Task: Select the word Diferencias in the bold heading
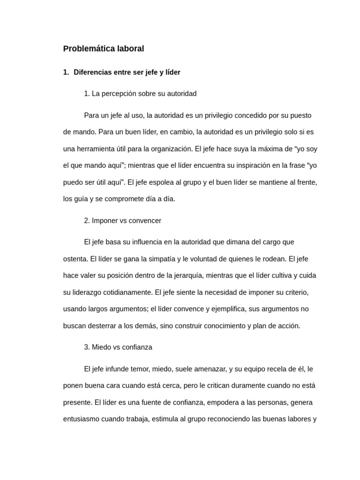pos(92,72)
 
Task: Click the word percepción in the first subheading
pos(121,94)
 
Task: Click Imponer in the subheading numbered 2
pos(105,221)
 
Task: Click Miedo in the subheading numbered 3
pos(101,347)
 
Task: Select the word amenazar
pos(209,369)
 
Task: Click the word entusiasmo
pos(82,419)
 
